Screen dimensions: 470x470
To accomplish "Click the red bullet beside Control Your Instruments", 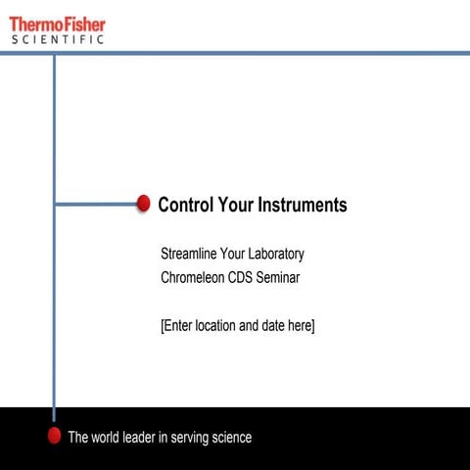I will [143, 204].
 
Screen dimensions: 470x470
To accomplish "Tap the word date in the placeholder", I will [272, 325].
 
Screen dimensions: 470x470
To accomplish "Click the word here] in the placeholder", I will [302, 325].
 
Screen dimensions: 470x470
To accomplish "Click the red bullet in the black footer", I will [55, 436].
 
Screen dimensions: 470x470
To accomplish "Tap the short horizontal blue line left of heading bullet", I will [94, 204].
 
